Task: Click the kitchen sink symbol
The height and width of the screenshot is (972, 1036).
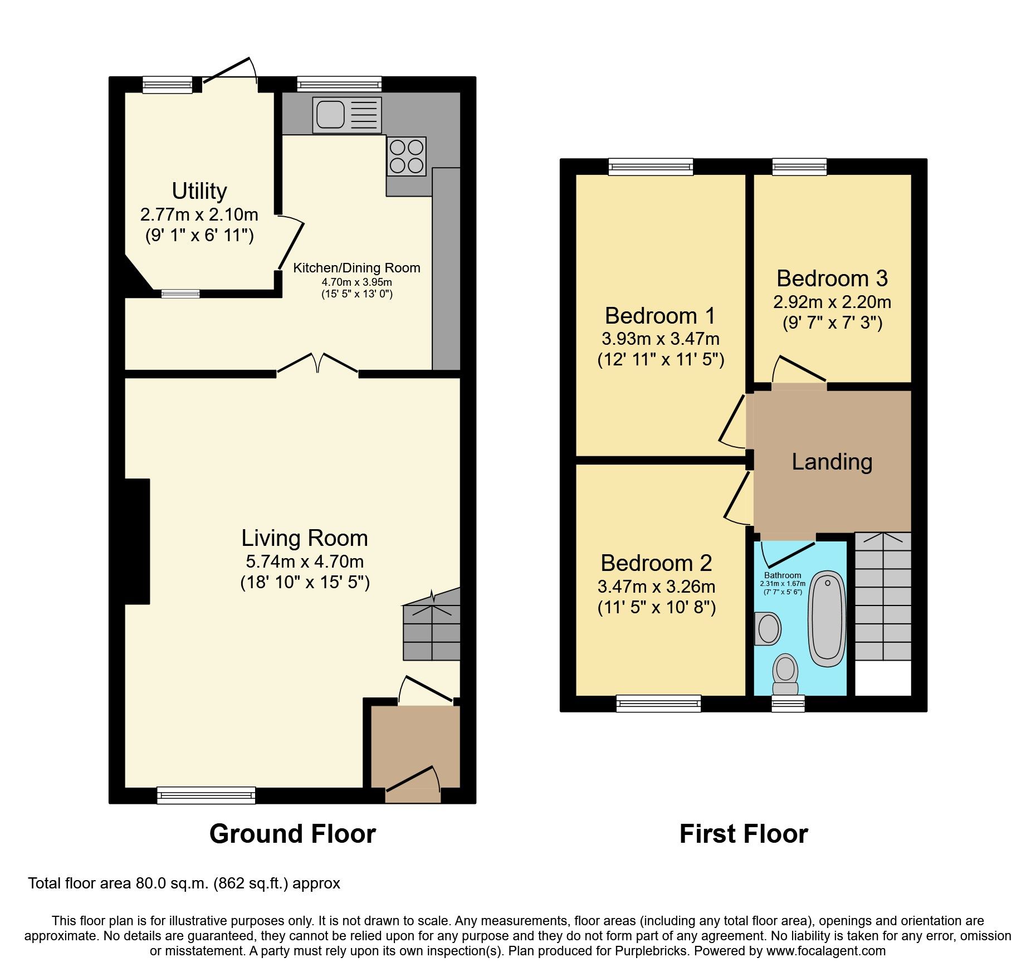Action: (346, 115)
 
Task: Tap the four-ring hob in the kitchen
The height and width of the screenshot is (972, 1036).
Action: (407, 157)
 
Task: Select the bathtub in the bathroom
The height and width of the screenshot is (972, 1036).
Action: (827, 618)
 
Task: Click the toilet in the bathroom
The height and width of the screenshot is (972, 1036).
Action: (785, 673)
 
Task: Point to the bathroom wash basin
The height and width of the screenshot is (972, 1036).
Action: (768, 628)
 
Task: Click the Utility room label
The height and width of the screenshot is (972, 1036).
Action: (199, 191)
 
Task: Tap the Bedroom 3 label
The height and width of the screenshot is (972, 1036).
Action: (832, 279)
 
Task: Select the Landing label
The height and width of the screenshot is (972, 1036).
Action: (832, 462)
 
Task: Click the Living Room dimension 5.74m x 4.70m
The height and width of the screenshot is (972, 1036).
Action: (305, 561)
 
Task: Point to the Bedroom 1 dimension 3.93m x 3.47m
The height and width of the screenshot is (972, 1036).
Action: (661, 339)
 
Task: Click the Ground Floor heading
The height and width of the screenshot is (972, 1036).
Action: (292, 834)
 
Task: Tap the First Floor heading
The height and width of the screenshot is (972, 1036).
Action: (744, 834)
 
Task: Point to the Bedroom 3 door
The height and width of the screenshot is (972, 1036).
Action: (800, 370)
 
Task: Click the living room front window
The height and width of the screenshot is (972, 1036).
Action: (206, 795)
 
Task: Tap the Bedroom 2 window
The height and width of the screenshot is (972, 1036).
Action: (658, 703)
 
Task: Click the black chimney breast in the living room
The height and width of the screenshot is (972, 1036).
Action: (137, 541)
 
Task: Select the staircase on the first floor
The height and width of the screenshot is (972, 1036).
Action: (883, 596)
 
